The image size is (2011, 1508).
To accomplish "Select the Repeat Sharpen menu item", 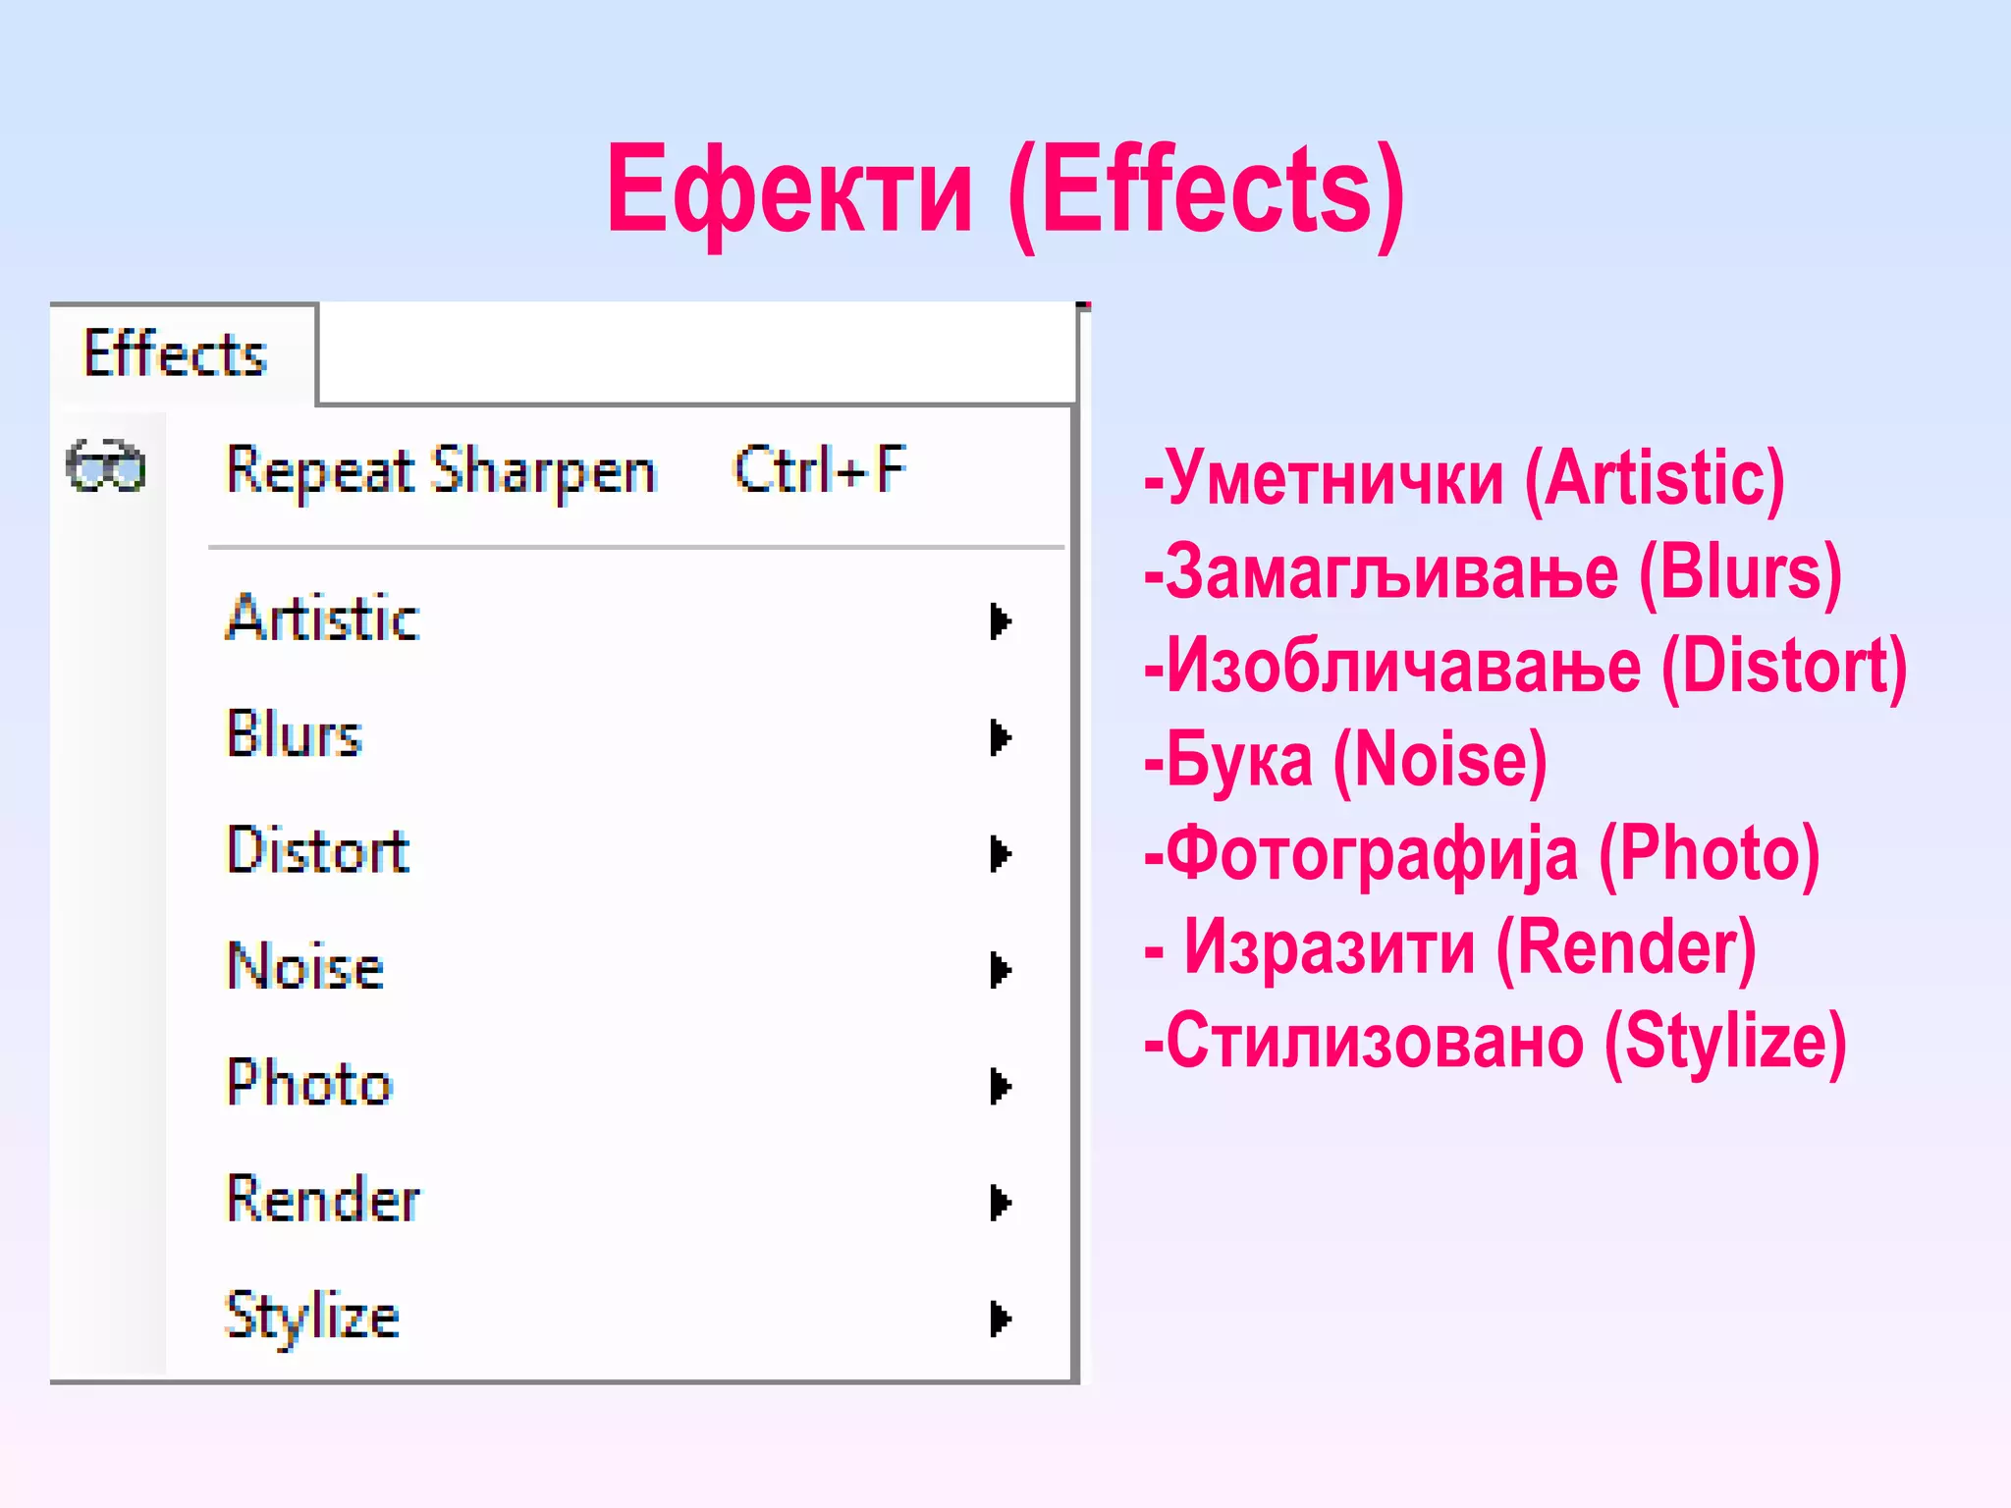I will [x=441, y=471].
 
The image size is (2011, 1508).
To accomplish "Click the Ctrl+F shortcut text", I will [x=820, y=470].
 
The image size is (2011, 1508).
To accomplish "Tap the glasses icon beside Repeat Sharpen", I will [x=106, y=466].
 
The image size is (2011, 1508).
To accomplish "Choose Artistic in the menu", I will [x=323, y=619].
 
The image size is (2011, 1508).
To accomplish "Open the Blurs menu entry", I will [x=295, y=734].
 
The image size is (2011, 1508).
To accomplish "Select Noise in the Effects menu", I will [x=305, y=966].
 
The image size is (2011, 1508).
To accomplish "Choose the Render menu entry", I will [x=323, y=1199].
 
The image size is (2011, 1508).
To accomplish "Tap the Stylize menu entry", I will [x=312, y=1316].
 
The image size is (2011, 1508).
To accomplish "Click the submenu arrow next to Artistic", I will [x=1000, y=621].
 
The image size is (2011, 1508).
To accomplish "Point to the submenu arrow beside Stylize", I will [x=1000, y=1319].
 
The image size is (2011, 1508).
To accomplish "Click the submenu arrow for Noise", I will [x=1000, y=970].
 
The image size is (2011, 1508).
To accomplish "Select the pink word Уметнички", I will [x=1334, y=478].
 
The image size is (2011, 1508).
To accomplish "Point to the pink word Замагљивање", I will [x=1391, y=572].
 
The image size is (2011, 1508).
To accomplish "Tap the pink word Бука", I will [x=1239, y=760].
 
